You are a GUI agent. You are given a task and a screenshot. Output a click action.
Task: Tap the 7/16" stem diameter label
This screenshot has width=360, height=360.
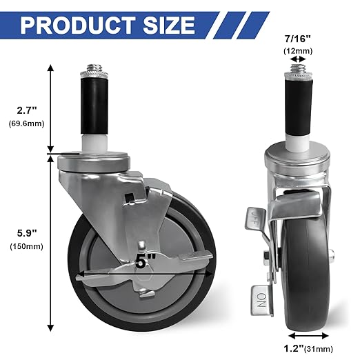298,39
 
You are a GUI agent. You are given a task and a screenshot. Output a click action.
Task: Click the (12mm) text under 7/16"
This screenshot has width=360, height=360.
298,51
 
